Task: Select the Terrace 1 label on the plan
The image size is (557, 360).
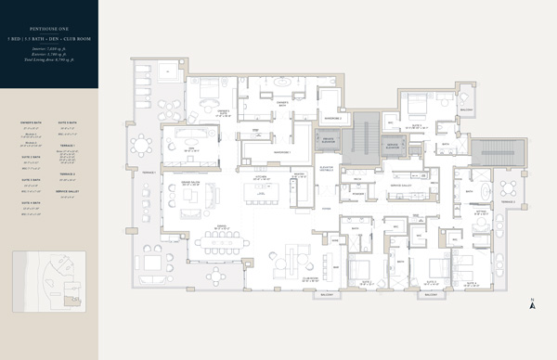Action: click(147, 171)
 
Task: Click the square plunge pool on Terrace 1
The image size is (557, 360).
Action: click(168, 71)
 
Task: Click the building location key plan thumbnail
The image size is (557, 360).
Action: click(49, 279)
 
